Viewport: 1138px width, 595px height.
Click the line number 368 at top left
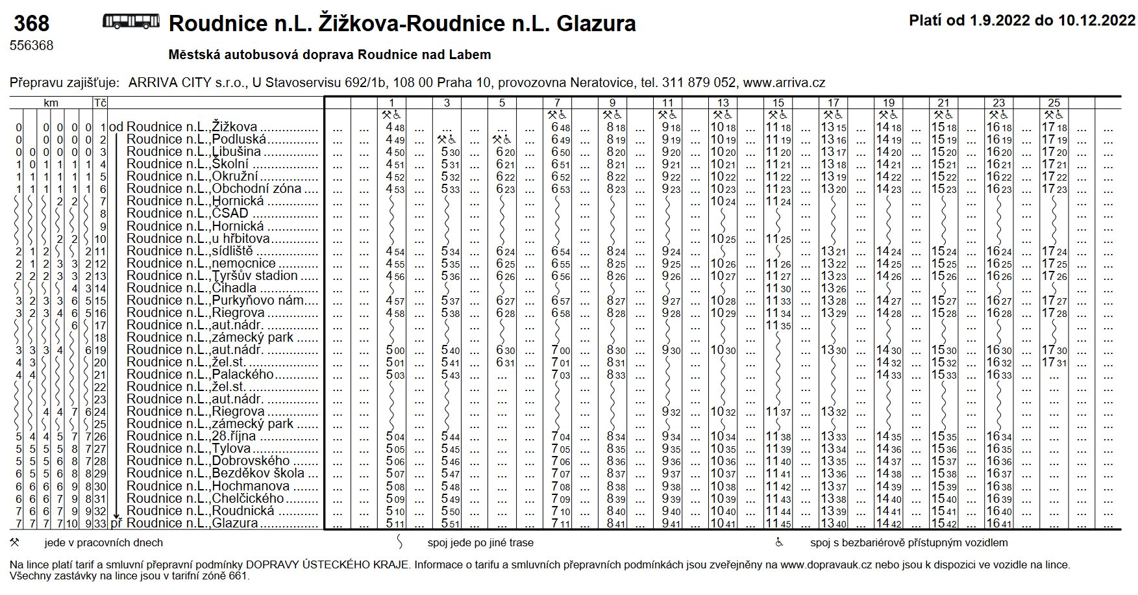click(x=31, y=24)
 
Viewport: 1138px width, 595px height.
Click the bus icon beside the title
click(x=131, y=22)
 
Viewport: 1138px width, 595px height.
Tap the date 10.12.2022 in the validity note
click(x=1096, y=21)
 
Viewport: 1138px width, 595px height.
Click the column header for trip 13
click(x=723, y=103)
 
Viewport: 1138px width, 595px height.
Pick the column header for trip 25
click(x=1054, y=103)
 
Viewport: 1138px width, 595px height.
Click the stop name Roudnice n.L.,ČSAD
click(x=188, y=214)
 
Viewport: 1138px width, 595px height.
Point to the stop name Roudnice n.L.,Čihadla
click(x=192, y=288)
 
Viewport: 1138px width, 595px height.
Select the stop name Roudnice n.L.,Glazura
click(x=192, y=523)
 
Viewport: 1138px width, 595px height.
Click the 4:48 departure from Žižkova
click(x=395, y=127)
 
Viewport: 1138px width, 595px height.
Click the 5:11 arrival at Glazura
click(x=395, y=523)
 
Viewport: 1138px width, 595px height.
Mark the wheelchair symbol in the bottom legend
click(x=780, y=542)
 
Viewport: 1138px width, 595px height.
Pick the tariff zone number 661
click(x=238, y=576)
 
